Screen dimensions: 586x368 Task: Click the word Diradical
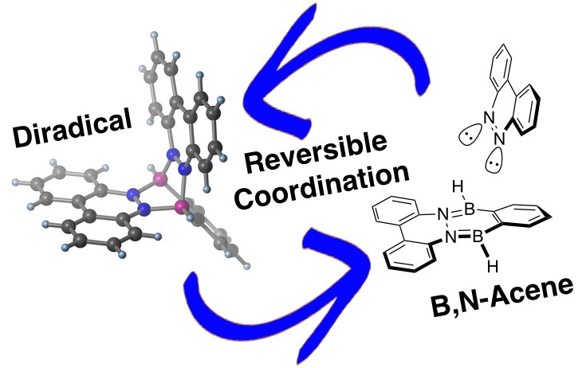(73, 127)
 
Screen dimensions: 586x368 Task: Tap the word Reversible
(317, 152)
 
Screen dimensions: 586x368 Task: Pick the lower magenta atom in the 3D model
(183, 206)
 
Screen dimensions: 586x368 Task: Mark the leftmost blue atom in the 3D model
(132, 194)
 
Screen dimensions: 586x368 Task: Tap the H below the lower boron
(493, 267)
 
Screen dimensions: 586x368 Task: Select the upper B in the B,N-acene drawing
(469, 209)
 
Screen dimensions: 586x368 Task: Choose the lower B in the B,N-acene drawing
(478, 237)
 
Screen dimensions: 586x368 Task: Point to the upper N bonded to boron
(443, 214)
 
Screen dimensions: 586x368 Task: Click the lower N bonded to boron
(451, 237)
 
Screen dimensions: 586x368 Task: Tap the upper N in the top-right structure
(489, 118)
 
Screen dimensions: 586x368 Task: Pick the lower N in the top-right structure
(499, 139)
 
